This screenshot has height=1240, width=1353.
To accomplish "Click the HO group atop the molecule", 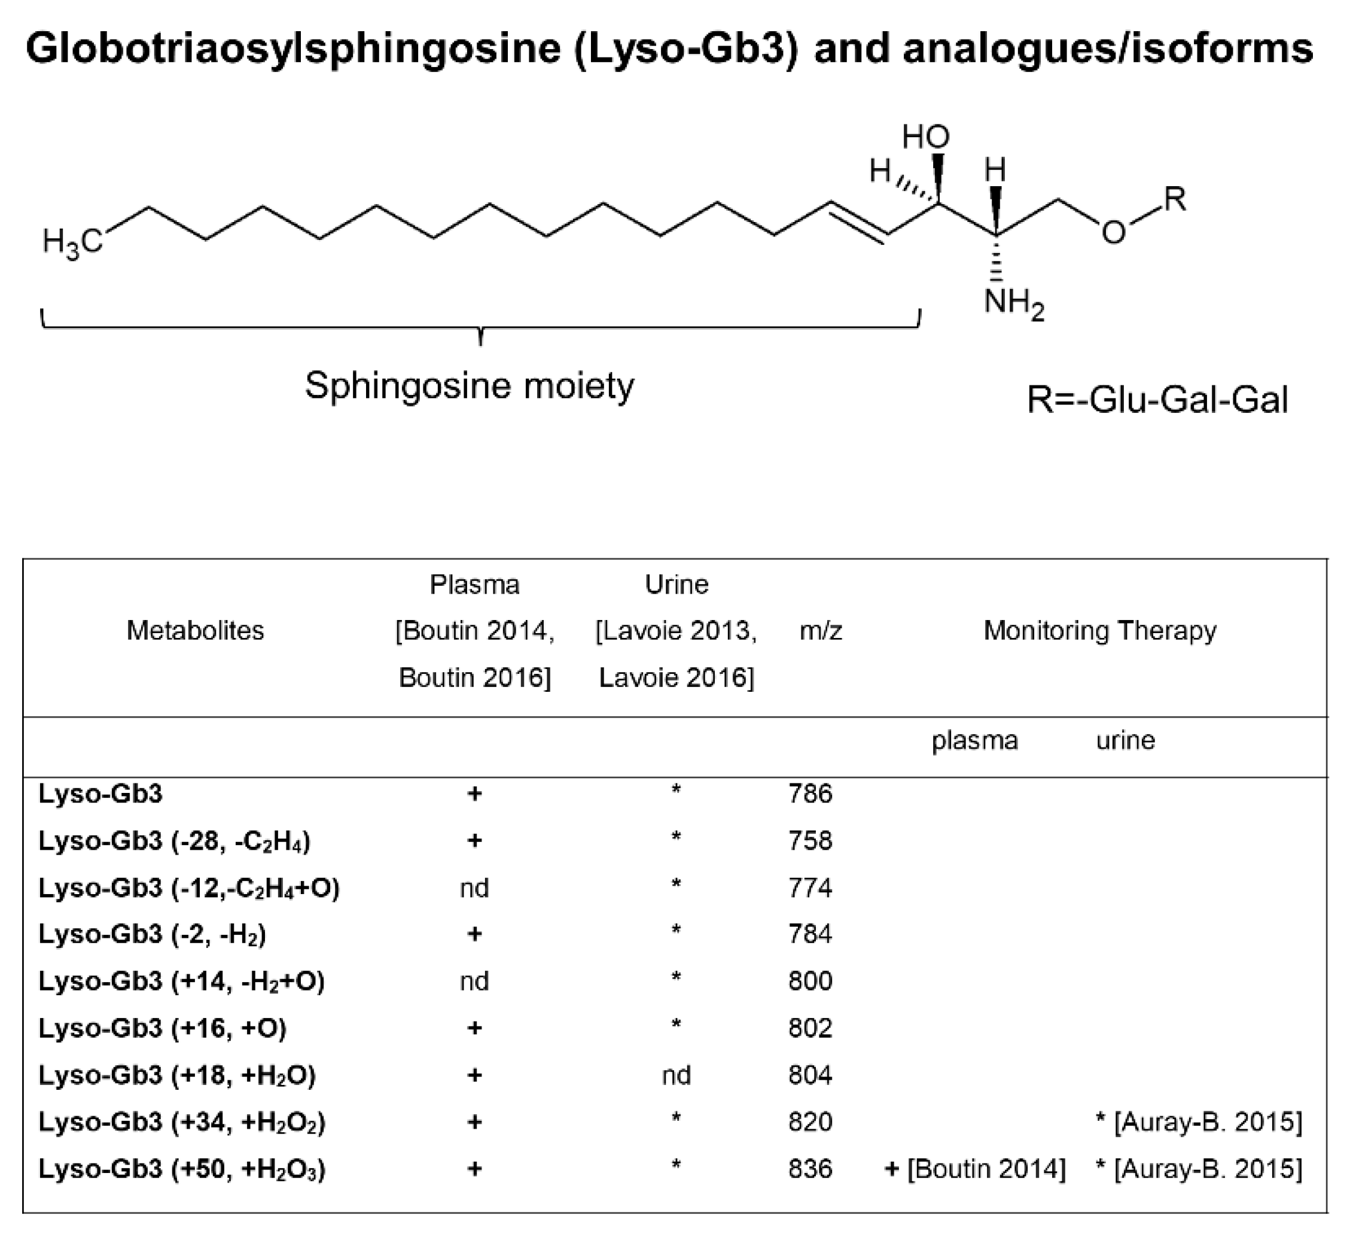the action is click(x=925, y=138).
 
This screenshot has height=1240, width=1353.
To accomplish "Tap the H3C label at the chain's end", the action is click(x=72, y=241).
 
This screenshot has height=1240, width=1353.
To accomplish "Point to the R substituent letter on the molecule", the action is click(x=1175, y=199).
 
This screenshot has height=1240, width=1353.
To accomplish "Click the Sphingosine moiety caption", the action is click(x=469, y=386).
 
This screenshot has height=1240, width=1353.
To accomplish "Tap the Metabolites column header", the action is click(x=196, y=630).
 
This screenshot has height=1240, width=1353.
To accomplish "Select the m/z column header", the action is click(x=821, y=630).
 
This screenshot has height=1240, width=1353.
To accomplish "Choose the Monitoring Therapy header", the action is click(x=1100, y=630).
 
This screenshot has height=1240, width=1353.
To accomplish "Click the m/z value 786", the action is click(x=810, y=794).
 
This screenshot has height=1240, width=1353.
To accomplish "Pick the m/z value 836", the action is click(x=810, y=1169).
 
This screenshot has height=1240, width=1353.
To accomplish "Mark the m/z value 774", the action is click(x=810, y=888).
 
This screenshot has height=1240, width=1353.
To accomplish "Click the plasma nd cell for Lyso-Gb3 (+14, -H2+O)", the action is click(x=474, y=981).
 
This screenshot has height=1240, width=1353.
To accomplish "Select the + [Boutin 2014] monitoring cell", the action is click(x=975, y=1169).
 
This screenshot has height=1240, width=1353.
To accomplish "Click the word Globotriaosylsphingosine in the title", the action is click(x=292, y=49).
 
